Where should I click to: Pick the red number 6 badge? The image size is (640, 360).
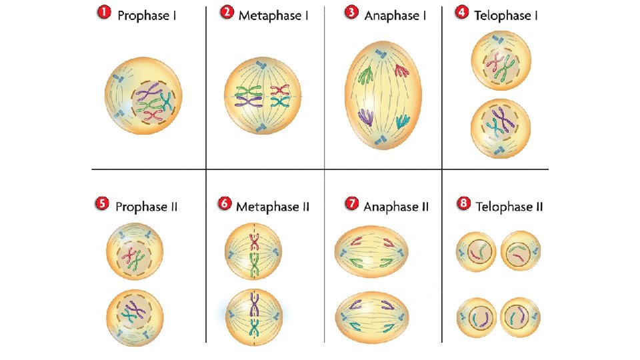225,205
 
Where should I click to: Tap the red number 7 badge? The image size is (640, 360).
351,205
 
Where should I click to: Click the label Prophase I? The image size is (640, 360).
147,15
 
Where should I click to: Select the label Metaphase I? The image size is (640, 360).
273,15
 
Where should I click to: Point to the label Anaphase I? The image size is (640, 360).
395,15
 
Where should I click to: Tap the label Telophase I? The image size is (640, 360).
505,15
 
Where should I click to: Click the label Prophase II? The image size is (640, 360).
146,207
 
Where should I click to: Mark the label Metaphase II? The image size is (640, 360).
273,207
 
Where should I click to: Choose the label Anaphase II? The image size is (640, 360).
395,207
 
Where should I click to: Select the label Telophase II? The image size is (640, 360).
509,207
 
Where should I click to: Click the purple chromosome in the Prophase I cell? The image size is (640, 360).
151,92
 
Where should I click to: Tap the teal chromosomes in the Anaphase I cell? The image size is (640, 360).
402,121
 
